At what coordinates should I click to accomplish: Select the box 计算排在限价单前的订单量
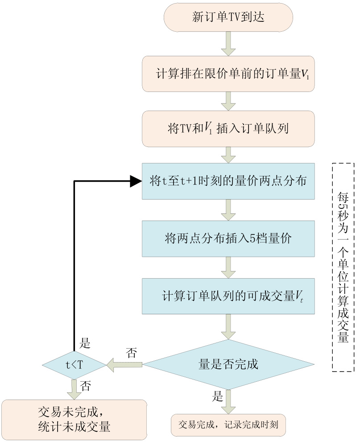228,74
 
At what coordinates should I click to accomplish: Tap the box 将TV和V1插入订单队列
228,129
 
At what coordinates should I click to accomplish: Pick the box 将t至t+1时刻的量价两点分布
228,181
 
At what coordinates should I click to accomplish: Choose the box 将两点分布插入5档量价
228,238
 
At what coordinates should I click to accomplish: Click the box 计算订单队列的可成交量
228,296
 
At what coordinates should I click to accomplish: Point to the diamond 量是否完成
228,364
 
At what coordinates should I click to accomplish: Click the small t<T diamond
74,365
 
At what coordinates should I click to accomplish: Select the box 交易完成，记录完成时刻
228,425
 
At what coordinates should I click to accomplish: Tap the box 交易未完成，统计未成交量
74,420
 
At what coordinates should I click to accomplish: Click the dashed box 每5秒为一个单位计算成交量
343,267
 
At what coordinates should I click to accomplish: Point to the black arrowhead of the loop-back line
135,181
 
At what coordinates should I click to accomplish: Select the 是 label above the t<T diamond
85,343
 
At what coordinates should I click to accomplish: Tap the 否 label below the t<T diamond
86,385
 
